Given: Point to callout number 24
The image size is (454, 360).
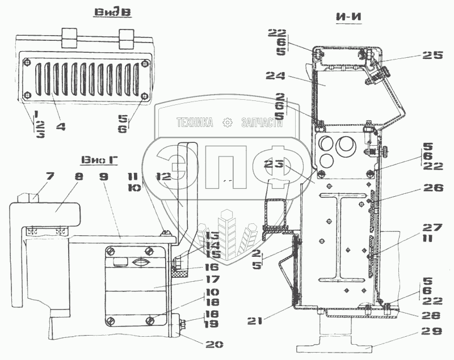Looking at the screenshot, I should click(278, 75).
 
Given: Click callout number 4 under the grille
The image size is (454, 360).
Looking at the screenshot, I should click(61, 127).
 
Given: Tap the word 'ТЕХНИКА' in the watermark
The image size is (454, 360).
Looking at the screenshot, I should click(195, 122).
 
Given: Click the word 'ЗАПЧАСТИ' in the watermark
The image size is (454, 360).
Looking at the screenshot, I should click(262, 122).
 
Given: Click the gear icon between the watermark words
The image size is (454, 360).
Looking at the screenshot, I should click(228, 122).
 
